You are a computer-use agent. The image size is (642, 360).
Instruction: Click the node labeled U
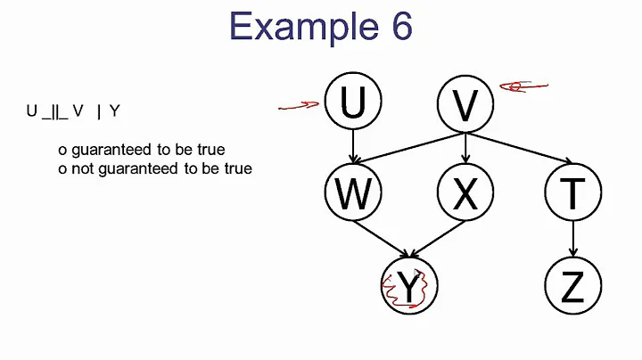pyautogui.click(x=353, y=103)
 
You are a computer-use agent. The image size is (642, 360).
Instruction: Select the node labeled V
pyautogui.click(x=465, y=103)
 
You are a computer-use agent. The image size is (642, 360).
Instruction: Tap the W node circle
pyautogui.click(x=353, y=192)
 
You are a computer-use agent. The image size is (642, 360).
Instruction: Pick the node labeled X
pyautogui.click(x=465, y=192)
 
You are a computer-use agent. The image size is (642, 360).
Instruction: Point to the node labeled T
pyautogui.click(x=572, y=192)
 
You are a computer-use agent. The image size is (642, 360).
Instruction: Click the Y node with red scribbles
pyautogui.click(x=408, y=287)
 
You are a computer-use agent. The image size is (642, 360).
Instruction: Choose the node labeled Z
pyautogui.click(x=572, y=287)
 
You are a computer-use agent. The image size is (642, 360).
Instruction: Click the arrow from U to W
pyautogui.click(x=353, y=148)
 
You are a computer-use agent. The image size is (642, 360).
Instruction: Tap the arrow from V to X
pyautogui.click(x=465, y=148)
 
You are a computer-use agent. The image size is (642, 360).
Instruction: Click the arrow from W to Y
pyautogui.click(x=381, y=241)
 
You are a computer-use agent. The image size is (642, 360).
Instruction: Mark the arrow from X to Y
pyautogui.click(x=437, y=241)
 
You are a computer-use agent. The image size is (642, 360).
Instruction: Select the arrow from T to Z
pyautogui.click(x=572, y=239)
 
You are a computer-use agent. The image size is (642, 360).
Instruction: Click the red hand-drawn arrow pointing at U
pyautogui.click(x=300, y=106)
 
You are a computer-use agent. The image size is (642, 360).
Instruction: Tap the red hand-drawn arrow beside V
pyautogui.click(x=523, y=86)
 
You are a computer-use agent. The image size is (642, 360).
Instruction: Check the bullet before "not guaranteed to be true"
pyautogui.click(x=62, y=168)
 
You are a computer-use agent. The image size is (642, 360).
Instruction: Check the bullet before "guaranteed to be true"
pyautogui.click(x=62, y=149)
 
